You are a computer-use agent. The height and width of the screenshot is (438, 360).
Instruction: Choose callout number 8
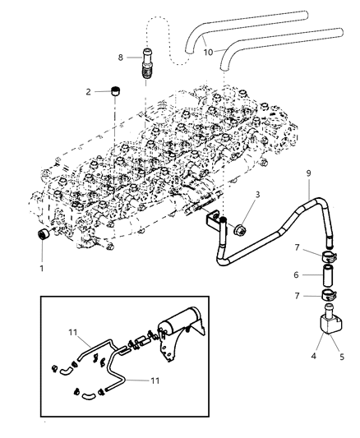tap(122, 58)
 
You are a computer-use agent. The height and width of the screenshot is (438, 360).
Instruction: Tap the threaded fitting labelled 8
tap(145, 62)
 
